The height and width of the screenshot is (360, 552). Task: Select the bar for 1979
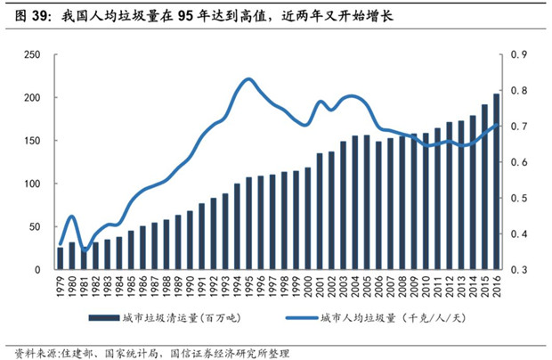[61, 258]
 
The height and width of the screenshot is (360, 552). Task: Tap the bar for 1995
[249, 223]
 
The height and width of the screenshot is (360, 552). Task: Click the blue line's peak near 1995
[248, 79]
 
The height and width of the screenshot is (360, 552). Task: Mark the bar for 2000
[308, 218]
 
